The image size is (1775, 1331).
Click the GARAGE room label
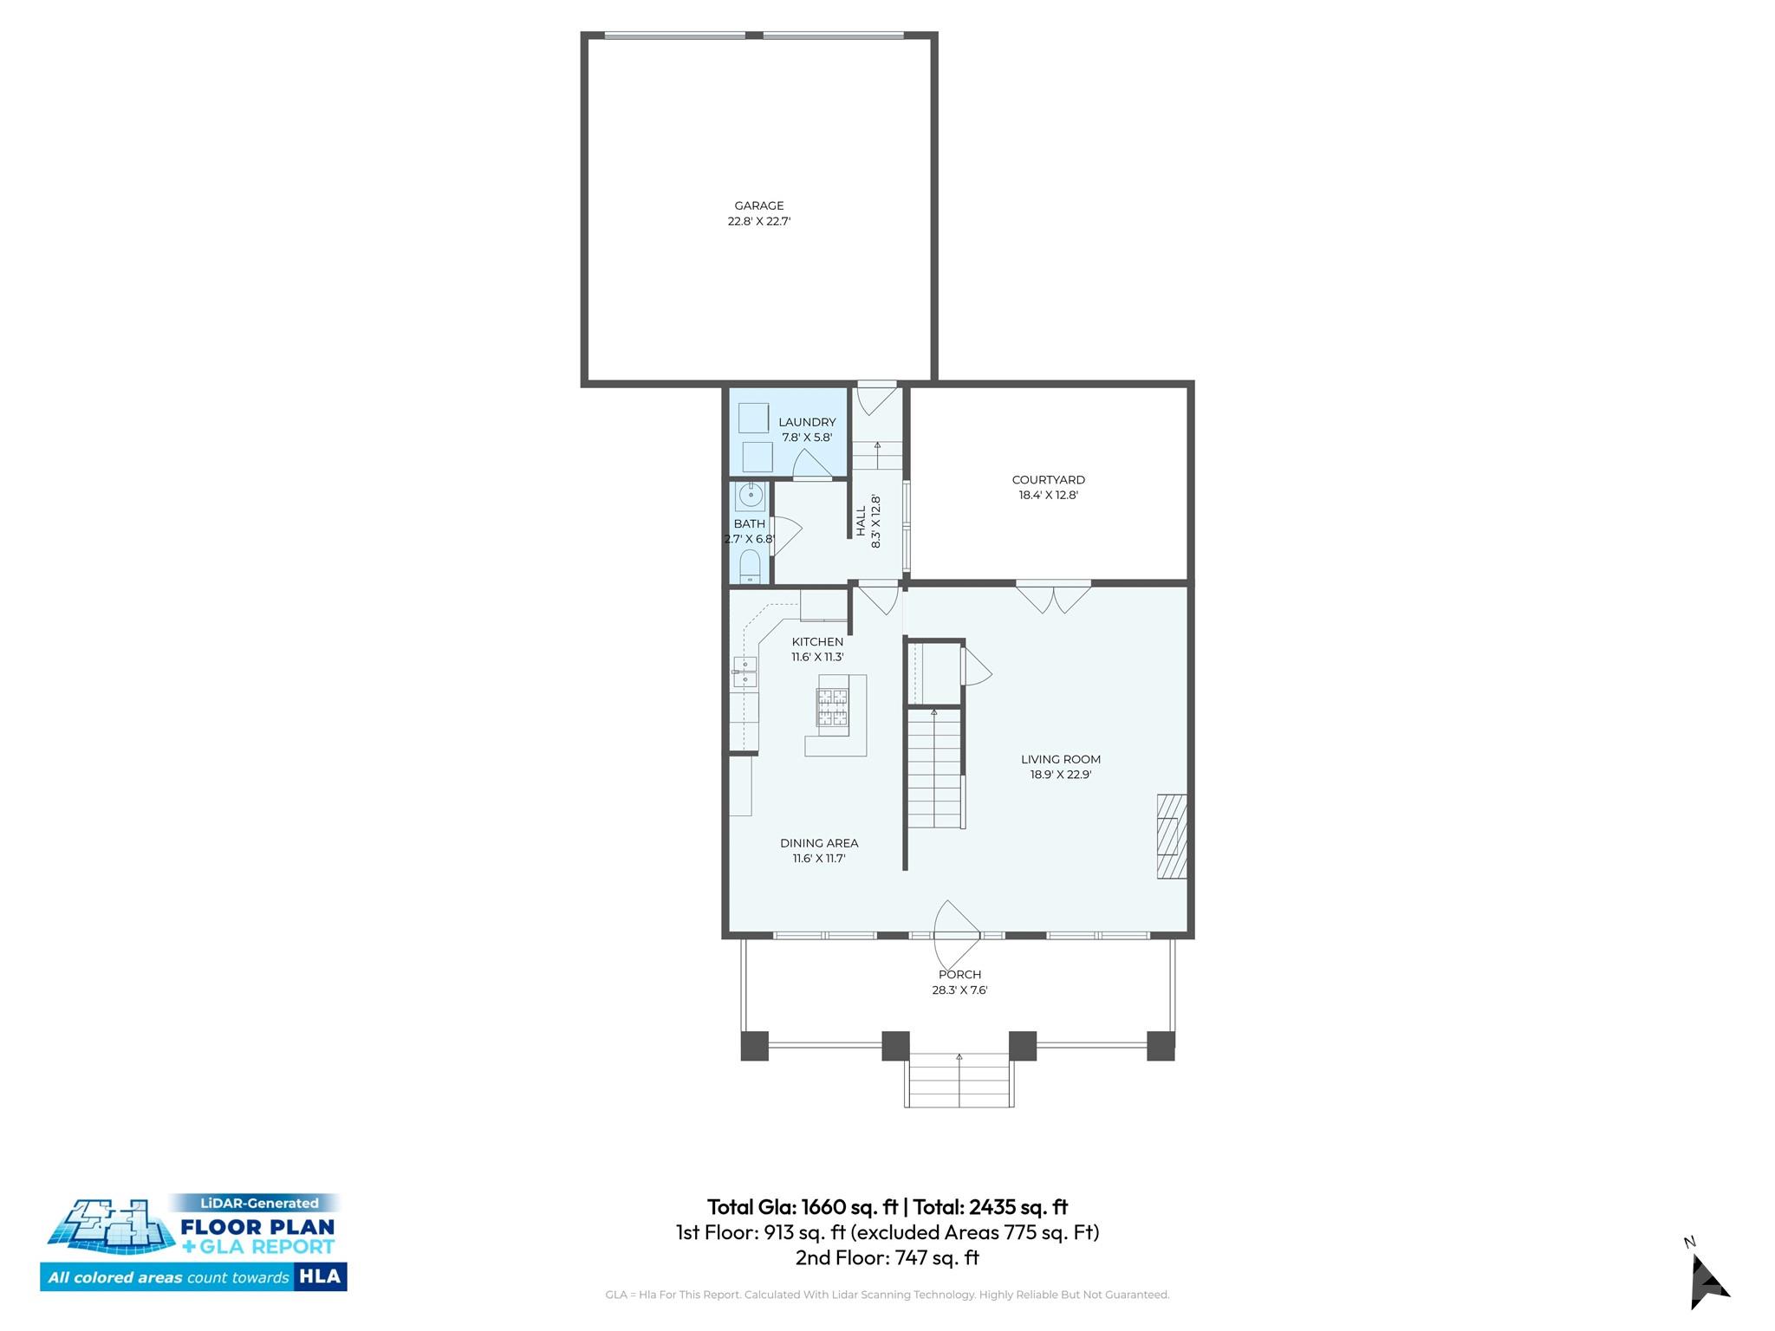pyautogui.click(x=759, y=206)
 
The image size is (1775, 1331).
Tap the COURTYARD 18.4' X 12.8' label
pyautogui.click(x=1048, y=487)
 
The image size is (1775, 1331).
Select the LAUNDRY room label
pyautogui.click(x=807, y=423)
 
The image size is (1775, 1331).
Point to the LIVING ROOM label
pyautogui.click(x=1060, y=759)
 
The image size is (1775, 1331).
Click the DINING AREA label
pyautogui.click(x=819, y=843)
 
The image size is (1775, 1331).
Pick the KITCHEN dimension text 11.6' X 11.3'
pyautogui.click(x=817, y=657)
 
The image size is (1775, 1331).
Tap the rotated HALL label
pyautogui.click(x=861, y=522)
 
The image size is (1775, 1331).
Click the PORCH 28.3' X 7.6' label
pyautogui.click(x=959, y=982)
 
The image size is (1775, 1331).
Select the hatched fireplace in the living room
pyautogui.click(x=1172, y=836)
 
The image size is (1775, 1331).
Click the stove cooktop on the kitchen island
pyautogui.click(x=832, y=707)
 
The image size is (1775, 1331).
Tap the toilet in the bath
pyautogui.click(x=750, y=568)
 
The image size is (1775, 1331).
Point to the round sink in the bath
pyautogui.click(x=751, y=497)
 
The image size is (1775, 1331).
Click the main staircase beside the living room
pyautogui.click(x=934, y=768)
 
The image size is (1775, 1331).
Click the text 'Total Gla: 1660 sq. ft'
pyautogui.click(x=802, y=1206)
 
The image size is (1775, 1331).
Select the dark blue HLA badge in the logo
pyautogui.click(x=320, y=1276)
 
